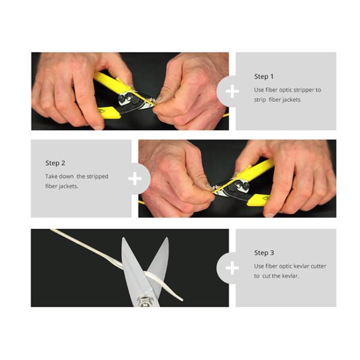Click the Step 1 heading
point(264,77)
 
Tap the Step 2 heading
point(55,163)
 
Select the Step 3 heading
point(264,253)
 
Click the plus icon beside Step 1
point(232,91)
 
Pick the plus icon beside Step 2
point(135,178)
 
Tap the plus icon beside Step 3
point(232,268)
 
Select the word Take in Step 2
point(52,176)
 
